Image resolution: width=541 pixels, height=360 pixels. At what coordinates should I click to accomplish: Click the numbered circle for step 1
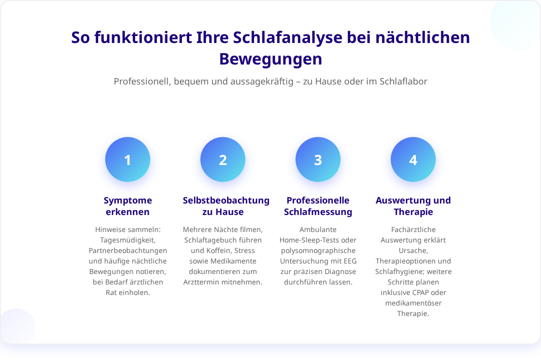tap(128, 159)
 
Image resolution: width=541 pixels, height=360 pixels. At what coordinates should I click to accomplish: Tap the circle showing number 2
tap(223, 159)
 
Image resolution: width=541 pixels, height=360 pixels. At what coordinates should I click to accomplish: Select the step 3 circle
tap(318, 159)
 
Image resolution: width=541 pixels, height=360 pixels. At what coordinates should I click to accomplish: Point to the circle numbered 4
tap(413, 159)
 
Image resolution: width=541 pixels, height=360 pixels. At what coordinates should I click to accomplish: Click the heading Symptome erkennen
tap(128, 206)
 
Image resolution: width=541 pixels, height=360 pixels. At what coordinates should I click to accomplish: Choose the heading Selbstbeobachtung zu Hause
tap(226, 206)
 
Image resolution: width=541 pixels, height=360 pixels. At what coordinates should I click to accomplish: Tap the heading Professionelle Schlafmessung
tap(318, 206)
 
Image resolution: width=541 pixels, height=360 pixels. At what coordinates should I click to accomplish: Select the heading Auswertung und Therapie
tap(413, 206)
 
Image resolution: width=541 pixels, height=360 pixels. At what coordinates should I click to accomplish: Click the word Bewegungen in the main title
tap(270, 59)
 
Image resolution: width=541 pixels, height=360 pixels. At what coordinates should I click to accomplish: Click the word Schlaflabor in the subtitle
tap(403, 81)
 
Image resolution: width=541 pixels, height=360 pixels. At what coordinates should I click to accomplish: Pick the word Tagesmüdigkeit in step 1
tap(128, 240)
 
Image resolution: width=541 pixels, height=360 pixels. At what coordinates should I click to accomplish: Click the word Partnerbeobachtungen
tap(128, 250)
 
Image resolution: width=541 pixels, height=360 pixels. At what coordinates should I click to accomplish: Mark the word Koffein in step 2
tap(219, 250)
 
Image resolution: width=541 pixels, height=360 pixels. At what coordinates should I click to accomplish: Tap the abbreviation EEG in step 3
tap(350, 261)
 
